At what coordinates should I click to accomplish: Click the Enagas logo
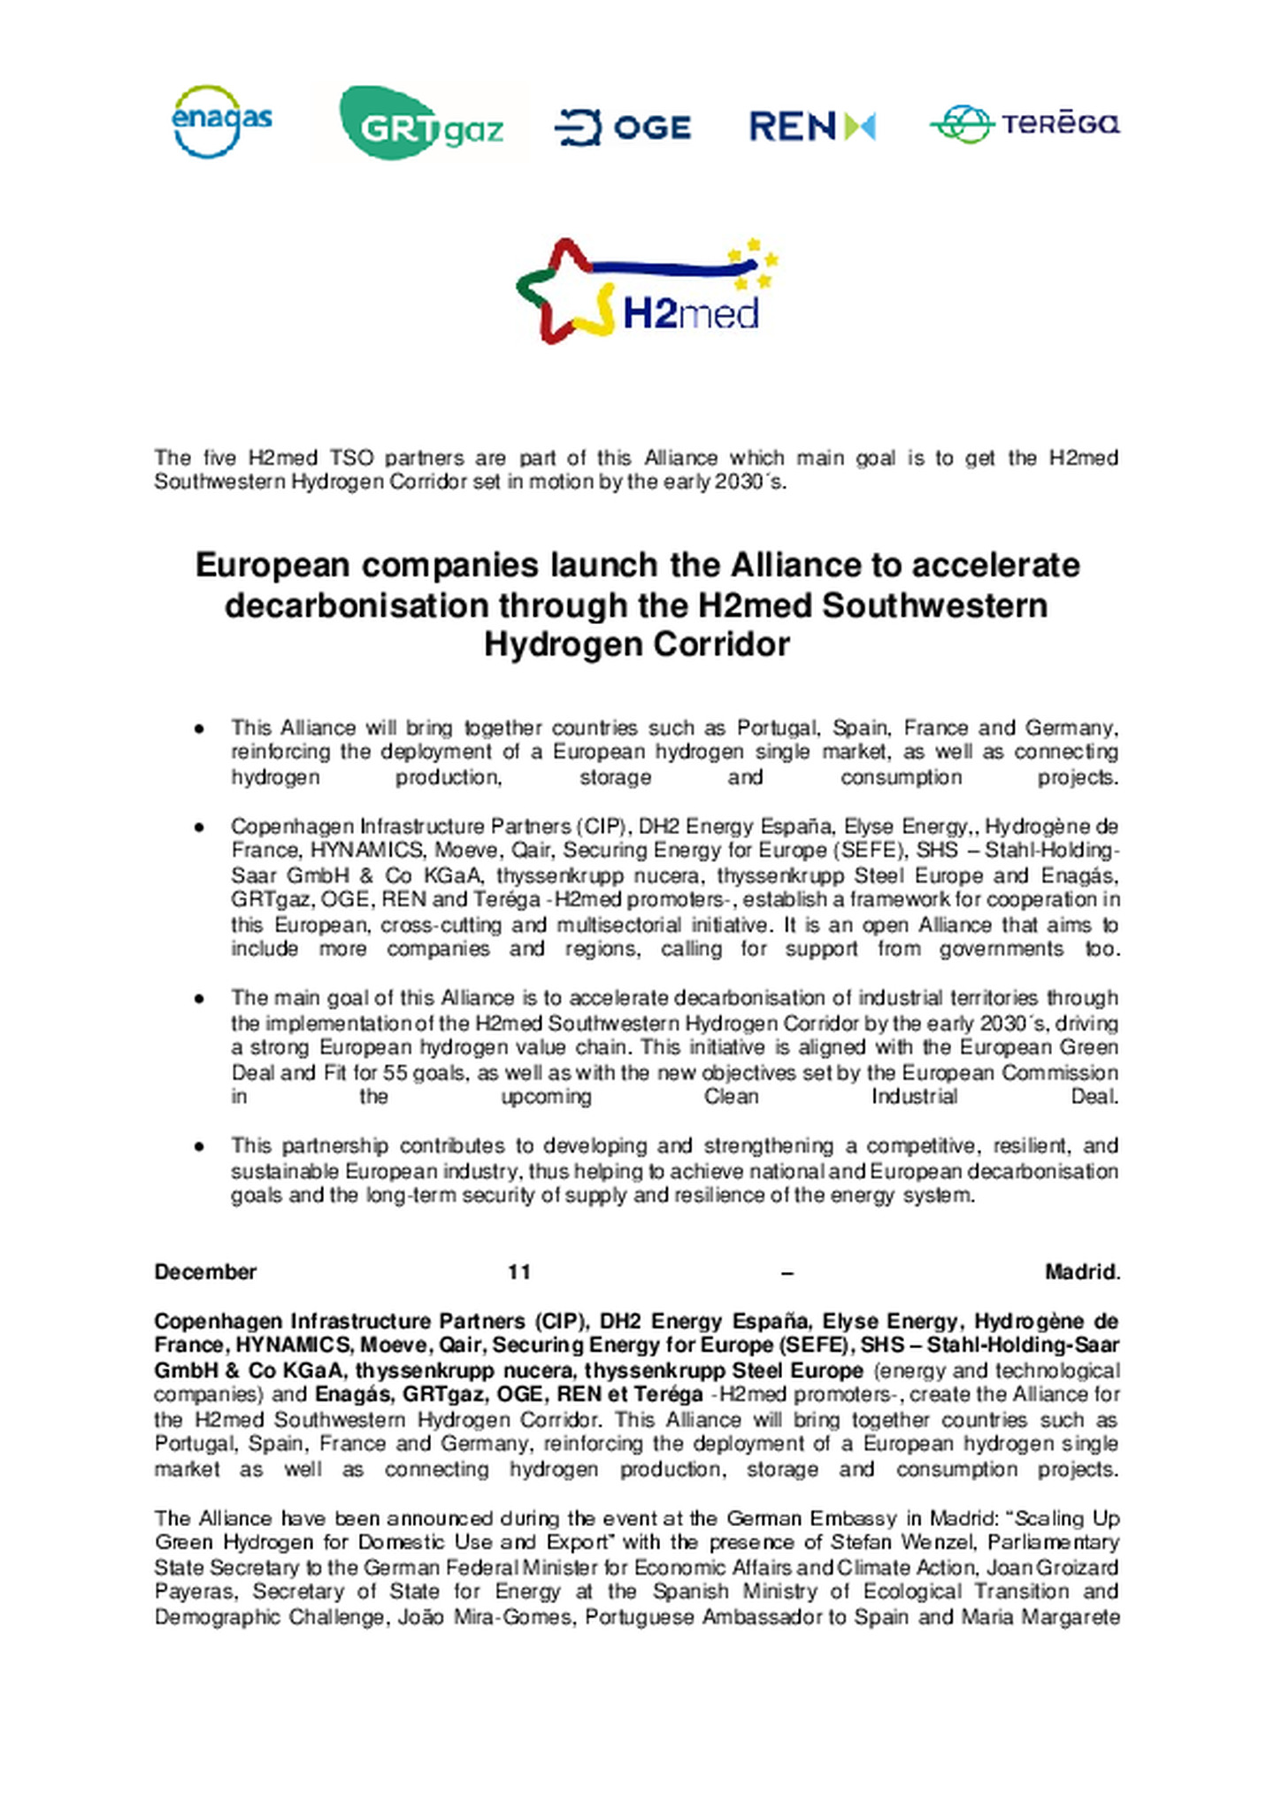coord(221,122)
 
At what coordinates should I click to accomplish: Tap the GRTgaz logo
coord(421,124)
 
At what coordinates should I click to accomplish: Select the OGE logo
coord(623,127)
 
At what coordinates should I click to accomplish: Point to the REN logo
coord(811,127)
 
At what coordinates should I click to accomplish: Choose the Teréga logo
coord(1025,124)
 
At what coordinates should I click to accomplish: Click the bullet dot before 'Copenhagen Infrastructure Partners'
coord(200,827)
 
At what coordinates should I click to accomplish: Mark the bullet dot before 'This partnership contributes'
coord(200,1146)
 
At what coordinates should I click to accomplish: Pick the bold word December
coord(205,1272)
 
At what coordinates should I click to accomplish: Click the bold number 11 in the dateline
coord(519,1272)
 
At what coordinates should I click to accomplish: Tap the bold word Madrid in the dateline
coord(1081,1272)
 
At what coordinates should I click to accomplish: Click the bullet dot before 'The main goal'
coord(200,998)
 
